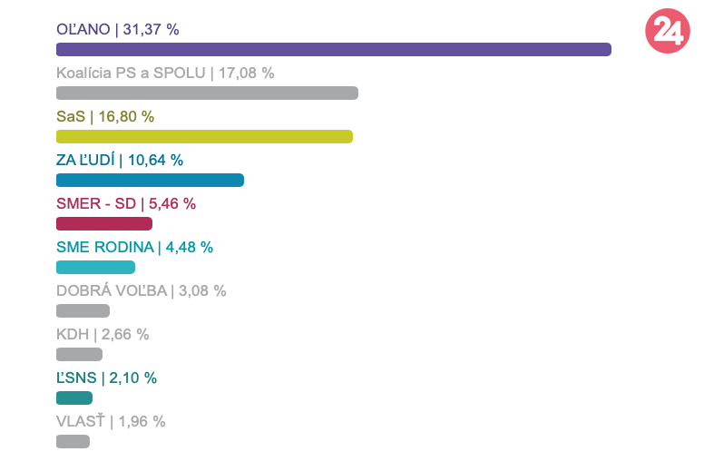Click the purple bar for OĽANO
(x=333, y=49)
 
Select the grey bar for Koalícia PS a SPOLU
(x=207, y=93)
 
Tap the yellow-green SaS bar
(x=204, y=136)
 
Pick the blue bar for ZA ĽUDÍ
(x=150, y=180)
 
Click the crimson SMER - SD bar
(x=104, y=223)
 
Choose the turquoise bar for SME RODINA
(x=95, y=267)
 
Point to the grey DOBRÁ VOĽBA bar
(x=83, y=310)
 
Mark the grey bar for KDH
(x=79, y=354)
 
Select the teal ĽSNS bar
(x=74, y=397)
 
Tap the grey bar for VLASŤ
(x=73, y=441)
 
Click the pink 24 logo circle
(x=667, y=31)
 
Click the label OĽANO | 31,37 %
(x=118, y=29)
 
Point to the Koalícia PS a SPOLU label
(x=165, y=73)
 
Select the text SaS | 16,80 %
(x=105, y=116)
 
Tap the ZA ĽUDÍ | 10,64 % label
(x=120, y=160)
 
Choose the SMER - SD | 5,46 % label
(x=126, y=203)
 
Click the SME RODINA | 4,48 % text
(x=134, y=247)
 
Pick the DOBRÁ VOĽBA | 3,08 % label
(x=141, y=290)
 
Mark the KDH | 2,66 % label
(x=103, y=334)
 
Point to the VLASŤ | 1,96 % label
(x=111, y=421)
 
